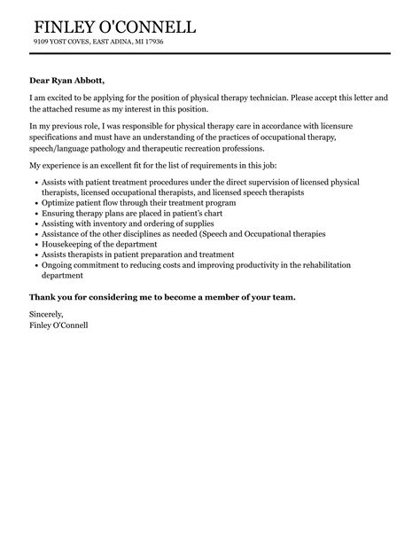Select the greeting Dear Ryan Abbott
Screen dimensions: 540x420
point(73,80)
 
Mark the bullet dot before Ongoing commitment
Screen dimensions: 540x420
point(33,264)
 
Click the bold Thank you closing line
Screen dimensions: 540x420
point(162,296)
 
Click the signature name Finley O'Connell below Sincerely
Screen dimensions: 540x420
point(58,325)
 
